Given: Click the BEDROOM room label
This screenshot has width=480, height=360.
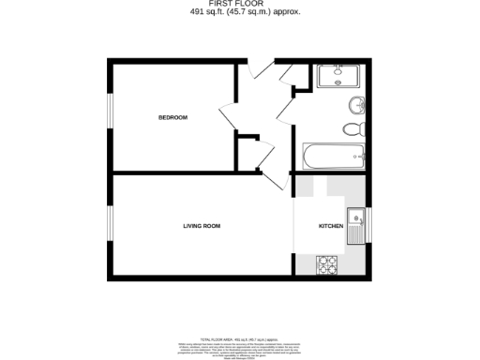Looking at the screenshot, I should click(x=172, y=117).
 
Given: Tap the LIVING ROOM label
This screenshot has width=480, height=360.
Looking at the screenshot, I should click(x=202, y=226).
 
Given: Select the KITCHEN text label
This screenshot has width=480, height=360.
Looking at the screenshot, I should click(x=331, y=226).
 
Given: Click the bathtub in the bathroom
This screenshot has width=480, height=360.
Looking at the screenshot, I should click(x=333, y=156).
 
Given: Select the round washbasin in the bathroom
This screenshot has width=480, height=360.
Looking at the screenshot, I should click(x=356, y=103).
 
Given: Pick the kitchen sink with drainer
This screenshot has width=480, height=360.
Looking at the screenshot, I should click(x=356, y=225).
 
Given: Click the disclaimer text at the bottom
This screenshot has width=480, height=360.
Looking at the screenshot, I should click(x=239, y=343).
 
